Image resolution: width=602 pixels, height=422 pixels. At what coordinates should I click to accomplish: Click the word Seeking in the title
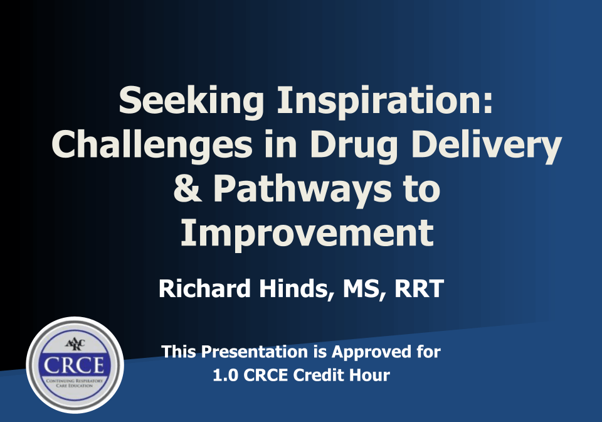(x=191, y=100)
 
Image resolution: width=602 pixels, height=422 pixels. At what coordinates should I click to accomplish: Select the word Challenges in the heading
(x=152, y=145)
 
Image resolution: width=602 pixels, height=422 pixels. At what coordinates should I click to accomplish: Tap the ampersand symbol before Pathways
(x=187, y=188)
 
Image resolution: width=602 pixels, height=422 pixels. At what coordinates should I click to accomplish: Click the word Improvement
(x=307, y=233)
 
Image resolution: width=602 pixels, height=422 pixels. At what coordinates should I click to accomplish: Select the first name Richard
(x=204, y=288)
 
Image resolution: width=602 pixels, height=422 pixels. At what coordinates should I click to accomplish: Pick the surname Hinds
(x=295, y=289)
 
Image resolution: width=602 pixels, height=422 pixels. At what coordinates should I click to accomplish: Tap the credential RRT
(x=420, y=289)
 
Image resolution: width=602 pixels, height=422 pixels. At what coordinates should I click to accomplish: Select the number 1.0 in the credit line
(x=226, y=376)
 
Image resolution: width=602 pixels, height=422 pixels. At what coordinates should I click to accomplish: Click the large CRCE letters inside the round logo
(x=74, y=365)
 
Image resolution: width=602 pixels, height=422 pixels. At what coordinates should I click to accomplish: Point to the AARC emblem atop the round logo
(x=75, y=345)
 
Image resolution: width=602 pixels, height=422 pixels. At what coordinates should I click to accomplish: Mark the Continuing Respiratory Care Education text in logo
(x=74, y=383)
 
